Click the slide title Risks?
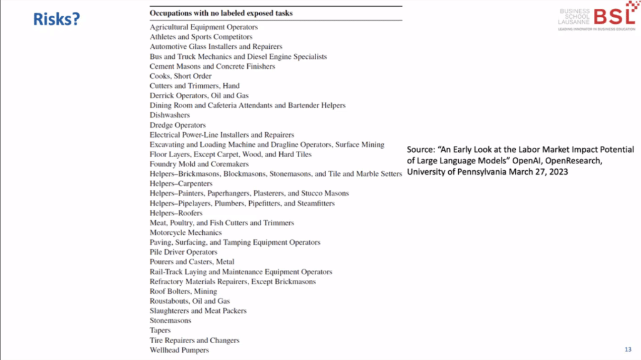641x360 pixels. point(57,19)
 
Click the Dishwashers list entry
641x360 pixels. point(170,115)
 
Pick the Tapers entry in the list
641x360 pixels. point(160,331)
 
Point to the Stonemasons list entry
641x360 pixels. point(170,321)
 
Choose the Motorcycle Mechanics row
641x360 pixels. point(185,233)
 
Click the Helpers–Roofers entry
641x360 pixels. point(176,213)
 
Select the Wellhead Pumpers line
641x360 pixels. point(179,350)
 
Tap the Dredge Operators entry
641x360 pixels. point(178,125)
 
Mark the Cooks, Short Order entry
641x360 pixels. point(180,76)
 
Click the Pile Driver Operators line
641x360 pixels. point(183,252)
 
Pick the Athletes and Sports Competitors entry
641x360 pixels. point(201,37)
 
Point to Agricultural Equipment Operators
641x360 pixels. point(203,27)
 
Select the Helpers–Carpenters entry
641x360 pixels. point(181,183)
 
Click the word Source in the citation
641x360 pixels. point(423,150)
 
